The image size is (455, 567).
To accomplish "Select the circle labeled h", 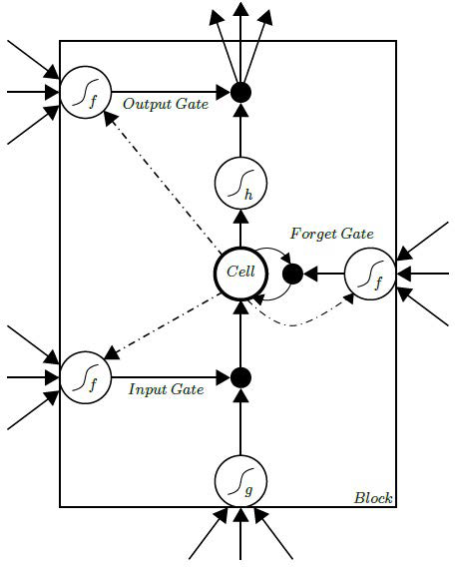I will tap(239, 184).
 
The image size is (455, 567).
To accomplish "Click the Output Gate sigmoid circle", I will tap(81, 93).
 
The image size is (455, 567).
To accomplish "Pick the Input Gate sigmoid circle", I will tap(81, 378).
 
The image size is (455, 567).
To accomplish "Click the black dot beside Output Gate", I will tap(239, 93).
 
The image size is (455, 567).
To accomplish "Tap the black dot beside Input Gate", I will tap(239, 378).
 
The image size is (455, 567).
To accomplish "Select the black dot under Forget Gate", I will tap(293, 273).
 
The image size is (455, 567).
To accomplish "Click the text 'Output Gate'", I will tap(166, 103).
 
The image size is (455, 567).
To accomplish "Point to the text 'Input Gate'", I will tap(167, 389).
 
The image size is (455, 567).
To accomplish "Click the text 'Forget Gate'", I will tap(331, 234).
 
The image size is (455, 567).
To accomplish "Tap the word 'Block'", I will tap(373, 497).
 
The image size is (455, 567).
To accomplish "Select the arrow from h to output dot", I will tap(239, 135).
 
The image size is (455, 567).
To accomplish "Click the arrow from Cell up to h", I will tap(239, 226).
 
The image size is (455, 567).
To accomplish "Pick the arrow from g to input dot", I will tap(239, 425).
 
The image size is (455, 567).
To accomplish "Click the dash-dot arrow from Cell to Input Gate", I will tap(160, 327).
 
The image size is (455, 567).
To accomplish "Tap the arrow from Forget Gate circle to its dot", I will tap(325, 273).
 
